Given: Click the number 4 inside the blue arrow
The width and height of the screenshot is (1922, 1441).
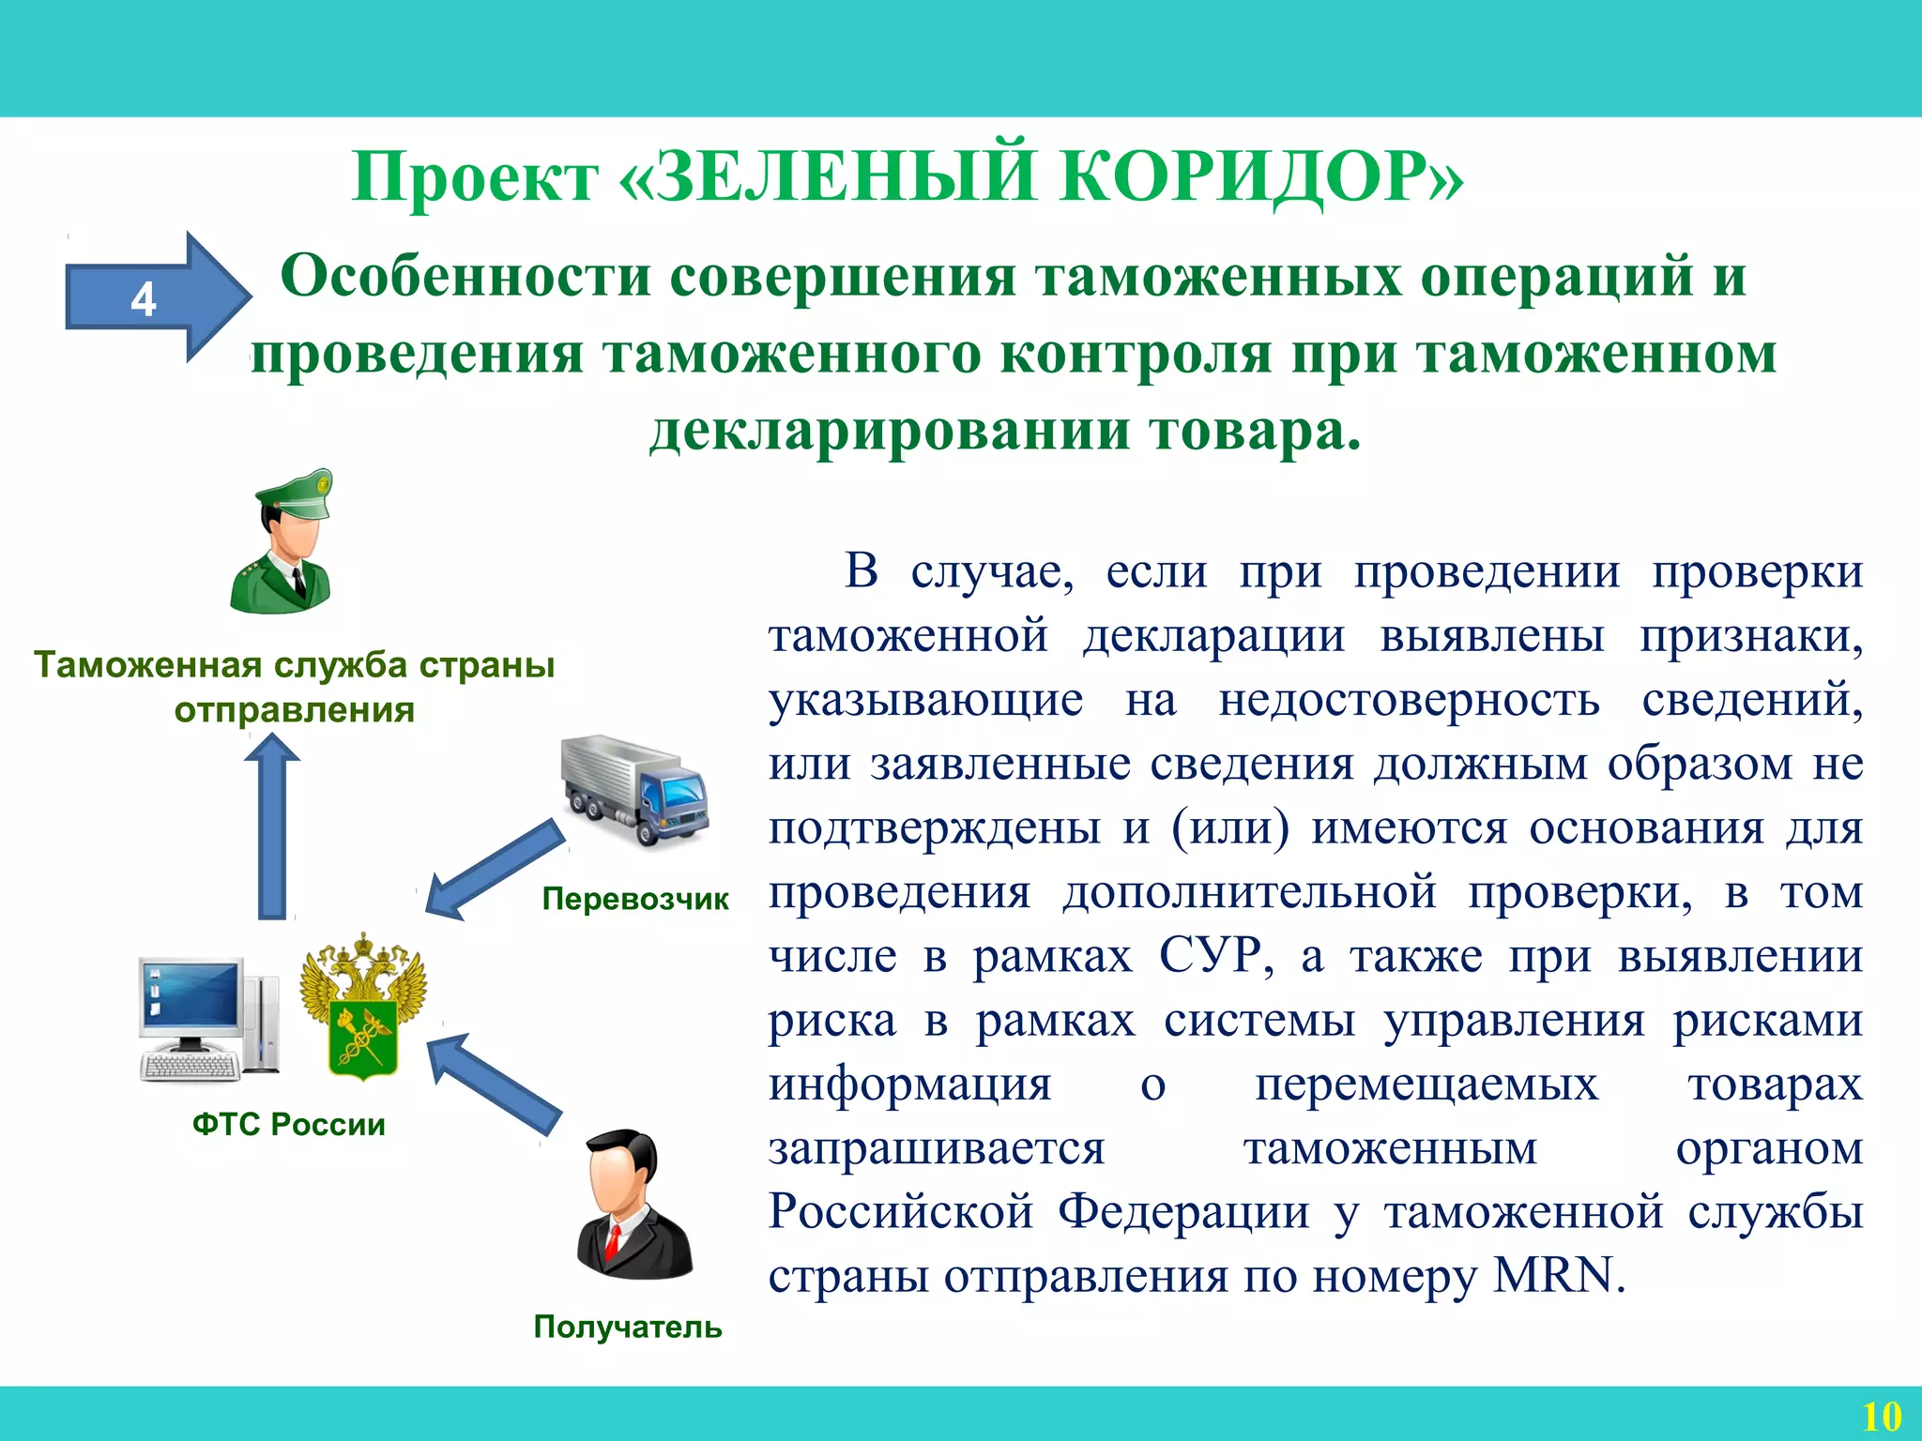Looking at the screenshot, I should point(143,300).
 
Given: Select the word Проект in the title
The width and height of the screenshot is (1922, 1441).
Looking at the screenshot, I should point(475,176).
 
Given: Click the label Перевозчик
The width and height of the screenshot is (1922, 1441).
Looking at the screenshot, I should point(635,899).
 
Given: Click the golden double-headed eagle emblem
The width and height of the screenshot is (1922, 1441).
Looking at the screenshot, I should point(363,1005).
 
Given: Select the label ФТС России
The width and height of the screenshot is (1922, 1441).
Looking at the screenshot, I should point(289,1124).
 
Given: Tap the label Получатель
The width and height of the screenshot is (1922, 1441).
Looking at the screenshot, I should point(628,1327).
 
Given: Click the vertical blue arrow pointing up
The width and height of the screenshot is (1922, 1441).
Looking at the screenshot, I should point(272,826).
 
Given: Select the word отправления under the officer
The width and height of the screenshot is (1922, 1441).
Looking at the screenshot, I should point(295,710).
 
